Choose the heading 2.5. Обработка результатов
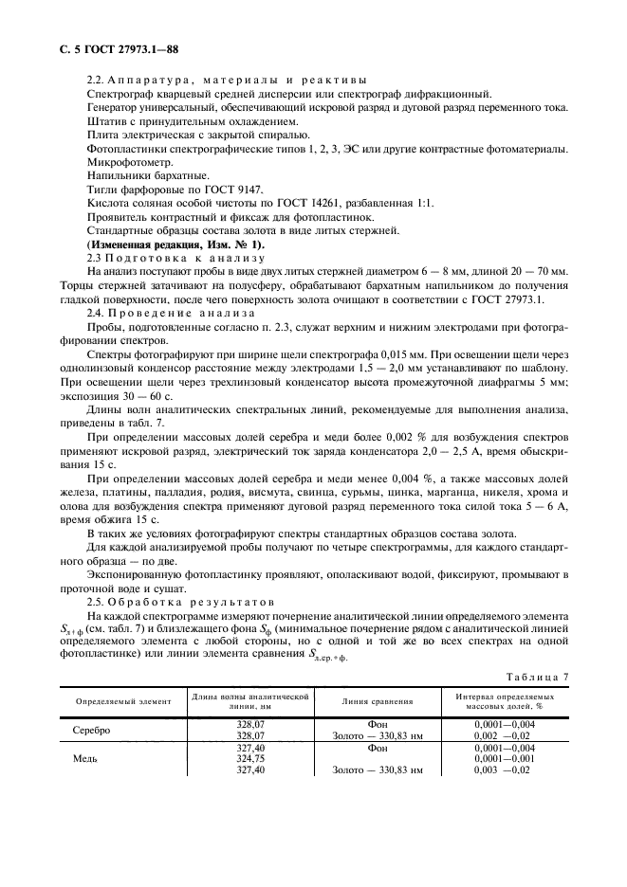point(178,602)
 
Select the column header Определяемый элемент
point(118,702)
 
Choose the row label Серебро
point(92,731)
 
